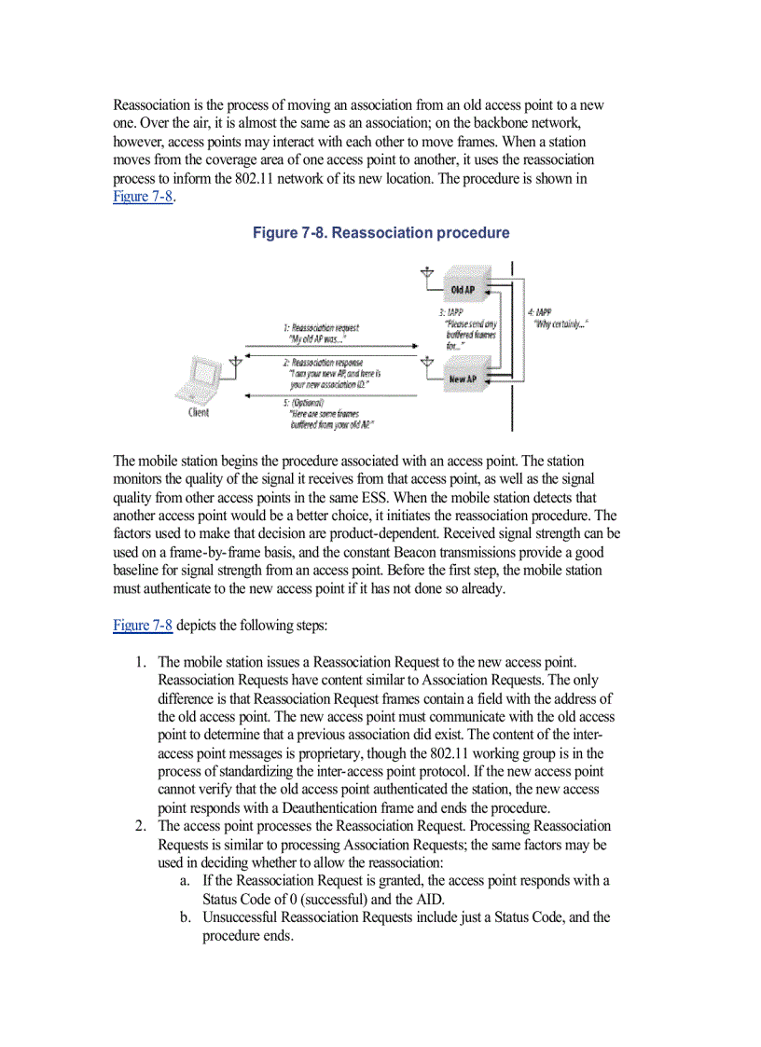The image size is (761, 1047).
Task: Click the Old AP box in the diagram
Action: point(463,290)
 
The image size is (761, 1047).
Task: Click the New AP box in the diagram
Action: point(463,379)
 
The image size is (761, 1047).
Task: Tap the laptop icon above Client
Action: point(199,381)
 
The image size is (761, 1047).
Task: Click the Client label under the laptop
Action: point(199,413)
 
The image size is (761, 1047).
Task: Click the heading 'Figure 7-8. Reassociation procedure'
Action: point(380,233)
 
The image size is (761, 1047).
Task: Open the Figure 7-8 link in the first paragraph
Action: point(143,196)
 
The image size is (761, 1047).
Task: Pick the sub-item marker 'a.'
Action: point(186,880)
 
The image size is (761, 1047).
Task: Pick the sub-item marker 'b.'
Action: point(186,917)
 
